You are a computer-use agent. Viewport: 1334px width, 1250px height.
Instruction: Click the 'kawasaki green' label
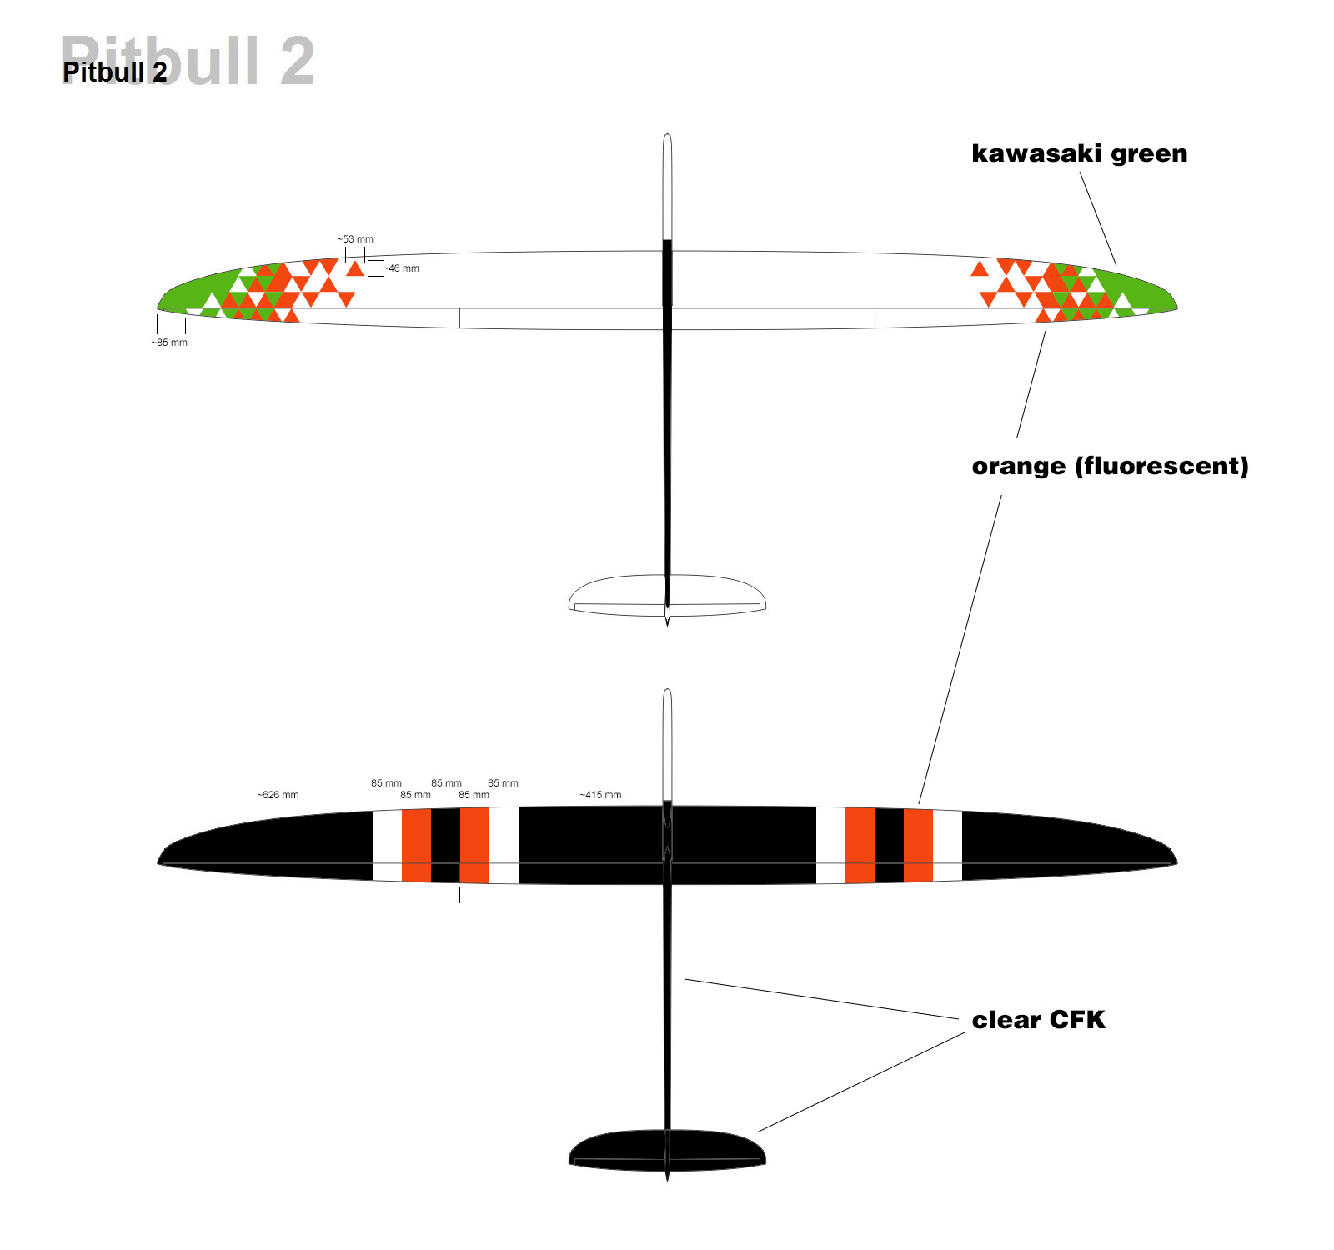click(x=1079, y=154)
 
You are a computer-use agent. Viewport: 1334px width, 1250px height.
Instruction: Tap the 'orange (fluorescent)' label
click(x=1110, y=466)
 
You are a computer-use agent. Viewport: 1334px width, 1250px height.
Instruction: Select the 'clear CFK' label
click(x=1038, y=1020)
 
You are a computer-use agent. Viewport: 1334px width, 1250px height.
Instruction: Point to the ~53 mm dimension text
click(x=355, y=239)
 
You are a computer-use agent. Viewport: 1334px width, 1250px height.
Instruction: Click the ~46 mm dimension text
click(x=401, y=268)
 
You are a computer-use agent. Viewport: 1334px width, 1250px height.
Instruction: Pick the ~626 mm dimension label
click(x=278, y=795)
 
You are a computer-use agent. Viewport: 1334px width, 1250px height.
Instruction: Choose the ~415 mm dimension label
click(x=600, y=795)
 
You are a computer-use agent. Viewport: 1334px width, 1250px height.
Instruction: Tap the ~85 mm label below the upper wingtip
click(x=169, y=342)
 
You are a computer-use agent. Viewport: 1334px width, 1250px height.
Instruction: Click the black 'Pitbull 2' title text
click(x=115, y=72)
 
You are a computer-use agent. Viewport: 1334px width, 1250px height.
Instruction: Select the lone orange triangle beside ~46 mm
click(x=355, y=269)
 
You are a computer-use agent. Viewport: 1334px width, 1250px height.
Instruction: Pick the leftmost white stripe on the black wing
click(x=387, y=845)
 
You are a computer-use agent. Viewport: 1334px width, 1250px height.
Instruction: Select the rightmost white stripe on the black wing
click(x=947, y=845)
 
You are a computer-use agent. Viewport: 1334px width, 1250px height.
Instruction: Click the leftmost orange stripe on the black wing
click(x=416, y=845)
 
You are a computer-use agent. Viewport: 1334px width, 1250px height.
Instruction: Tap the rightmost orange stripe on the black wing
click(x=918, y=845)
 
